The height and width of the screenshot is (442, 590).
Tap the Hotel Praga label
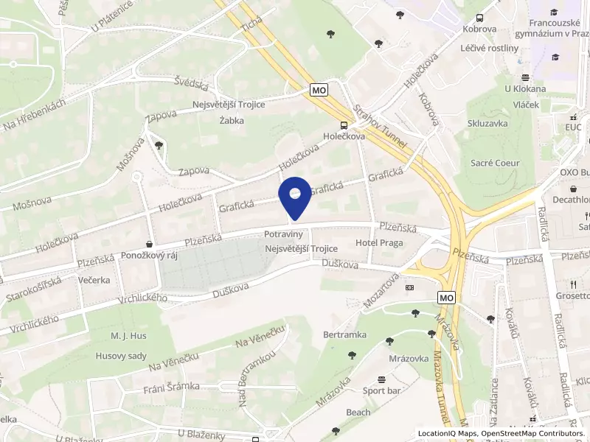click(x=379, y=243)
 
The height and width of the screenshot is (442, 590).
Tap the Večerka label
click(x=94, y=281)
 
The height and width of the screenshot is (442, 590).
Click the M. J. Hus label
click(x=129, y=337)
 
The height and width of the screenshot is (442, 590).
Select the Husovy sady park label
click(x=122, y=356)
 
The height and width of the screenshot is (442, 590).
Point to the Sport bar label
click(x=381, y=390)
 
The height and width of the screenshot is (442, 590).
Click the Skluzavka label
click(x=487, y=124)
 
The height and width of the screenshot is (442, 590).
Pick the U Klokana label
click(x=525, y=89)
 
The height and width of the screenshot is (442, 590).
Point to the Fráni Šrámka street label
click(x=172, y=387)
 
